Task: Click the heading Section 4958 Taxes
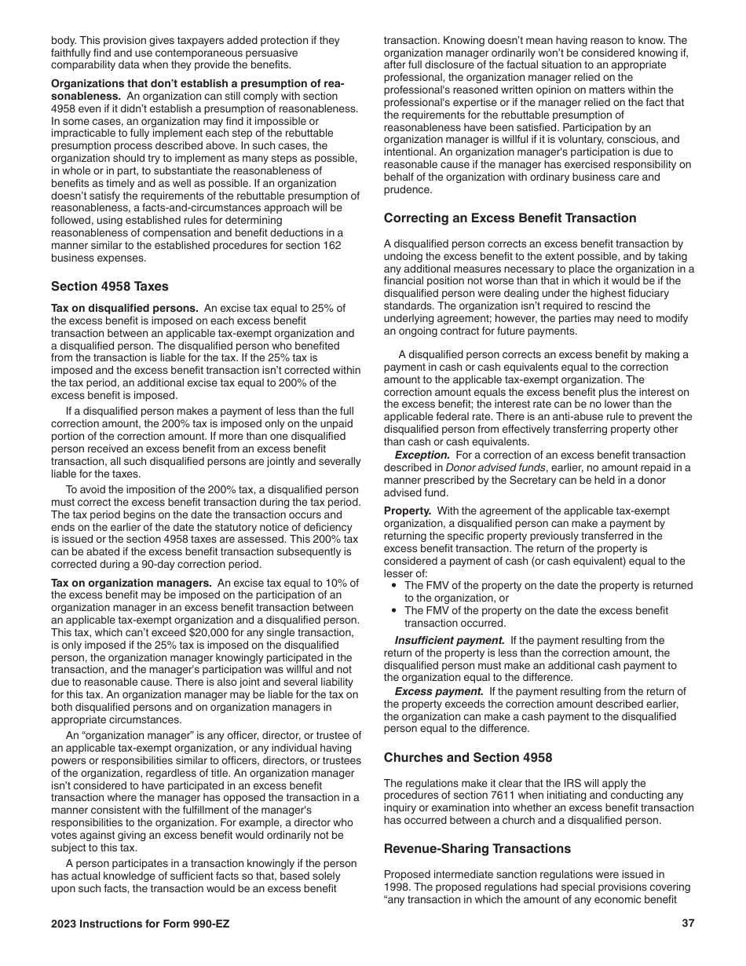click(x=109, y=287)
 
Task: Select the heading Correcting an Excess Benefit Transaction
click(x=510, y=218)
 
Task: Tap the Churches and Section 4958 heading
click(x=468, y=758)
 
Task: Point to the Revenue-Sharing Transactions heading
click(x=477, y=849)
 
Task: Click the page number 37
click(x=688, y=924)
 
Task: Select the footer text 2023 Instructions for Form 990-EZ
click(x=141, y=924)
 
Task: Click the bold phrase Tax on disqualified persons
click(x=124, y=308)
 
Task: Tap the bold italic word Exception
click(x=422, y=456)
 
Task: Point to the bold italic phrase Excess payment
click(x=438, y=691)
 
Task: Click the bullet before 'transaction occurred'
click(x=394, y=610)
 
